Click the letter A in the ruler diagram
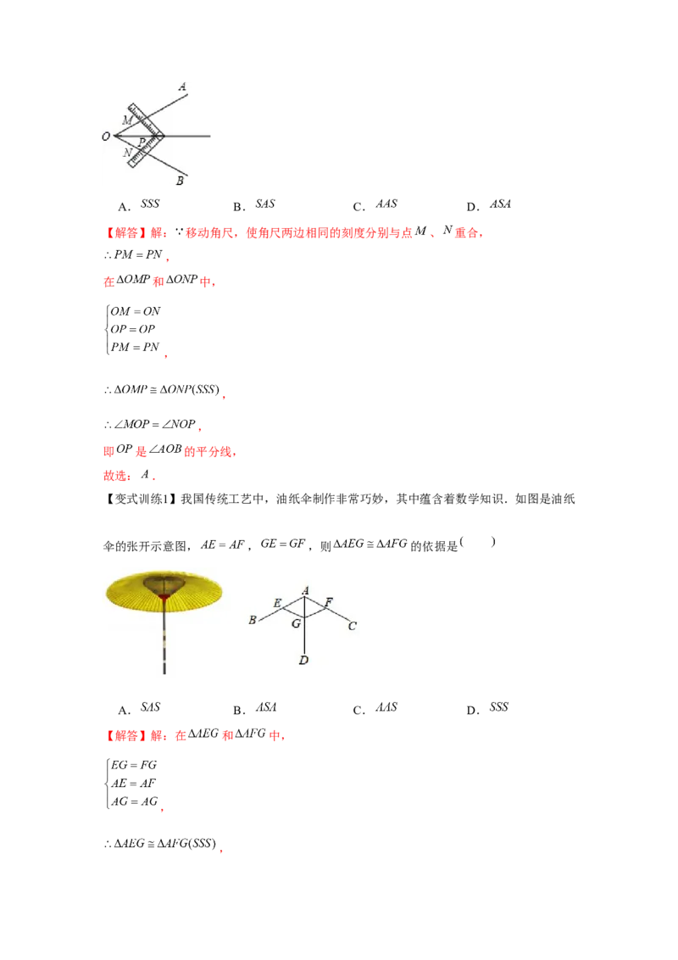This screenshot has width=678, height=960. point(182,87)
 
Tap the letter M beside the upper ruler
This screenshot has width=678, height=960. point(126,120)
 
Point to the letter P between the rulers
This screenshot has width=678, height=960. point(142,141)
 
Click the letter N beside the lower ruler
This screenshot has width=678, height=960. point(126,153)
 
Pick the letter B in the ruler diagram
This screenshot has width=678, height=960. point(180,181)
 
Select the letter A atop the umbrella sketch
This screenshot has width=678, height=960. point(304,590)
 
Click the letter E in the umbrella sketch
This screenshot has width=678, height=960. point(276,603)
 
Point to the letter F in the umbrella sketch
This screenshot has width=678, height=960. point(329,602)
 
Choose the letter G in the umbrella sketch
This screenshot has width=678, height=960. point(296,623)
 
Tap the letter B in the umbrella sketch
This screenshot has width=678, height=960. point(253,621)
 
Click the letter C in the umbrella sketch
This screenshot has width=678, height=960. point(353,626)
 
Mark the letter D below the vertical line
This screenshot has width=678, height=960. point(303,660)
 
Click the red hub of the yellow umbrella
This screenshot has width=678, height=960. point(163,600)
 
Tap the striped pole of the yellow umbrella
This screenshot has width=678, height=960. point(164,645)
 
